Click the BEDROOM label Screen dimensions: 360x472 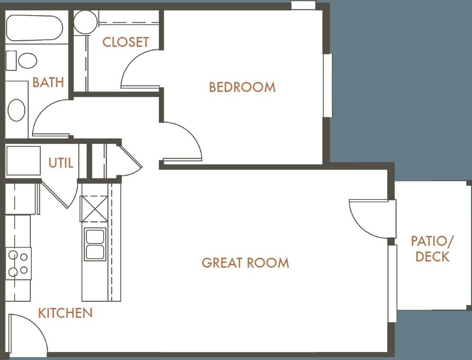[242, 87]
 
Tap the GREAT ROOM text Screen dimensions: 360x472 [245, 262]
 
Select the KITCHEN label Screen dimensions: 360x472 [65, 313]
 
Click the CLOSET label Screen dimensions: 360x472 [125, 42]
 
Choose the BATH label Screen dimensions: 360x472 [48, 82]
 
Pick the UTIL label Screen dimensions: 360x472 [61, 163]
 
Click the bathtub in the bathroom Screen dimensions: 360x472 [34, 28]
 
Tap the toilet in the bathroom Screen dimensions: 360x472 [22, 61]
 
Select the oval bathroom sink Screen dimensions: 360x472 [17, 110]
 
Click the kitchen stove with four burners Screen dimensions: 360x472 [18, 263]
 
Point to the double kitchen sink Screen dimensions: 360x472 [95, 244]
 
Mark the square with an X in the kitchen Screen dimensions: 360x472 [94, 209]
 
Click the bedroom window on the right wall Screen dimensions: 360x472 [327, 85]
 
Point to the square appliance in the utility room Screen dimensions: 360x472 [23, 161]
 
